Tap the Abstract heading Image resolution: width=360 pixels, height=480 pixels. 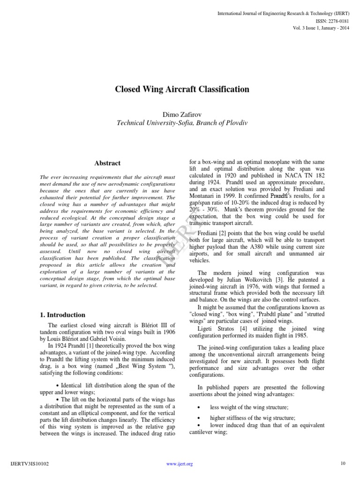pyautogui.click(x=107, y=163)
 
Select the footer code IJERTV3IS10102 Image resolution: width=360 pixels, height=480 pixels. pyautogui.click(x=29, y=464)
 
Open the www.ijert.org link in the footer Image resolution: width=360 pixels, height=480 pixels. pyautogui.click(x=180, y=464)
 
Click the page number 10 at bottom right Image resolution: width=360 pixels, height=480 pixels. pyautogui.click(x=343, y=464)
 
